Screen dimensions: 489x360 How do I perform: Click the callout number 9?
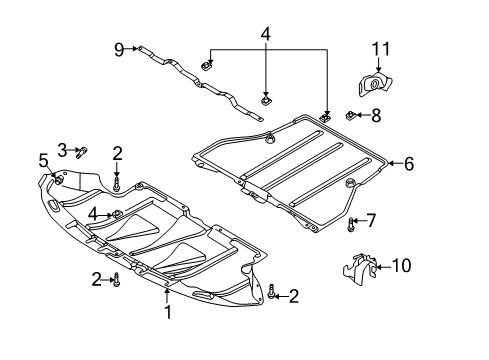pyautogui.click(x=119, y=50)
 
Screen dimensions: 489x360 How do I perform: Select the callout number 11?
pyautogui.click(x=381, y=49)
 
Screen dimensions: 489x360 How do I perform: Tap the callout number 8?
pyautogui.click(x=376, y=116)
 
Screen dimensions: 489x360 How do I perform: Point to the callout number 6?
pyautogui.click(x=409, y=164)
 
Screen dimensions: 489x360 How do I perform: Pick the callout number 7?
pyautogui.click(x=371, y=220)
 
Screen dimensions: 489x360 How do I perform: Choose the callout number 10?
pyautogui.click(x=401, y=266)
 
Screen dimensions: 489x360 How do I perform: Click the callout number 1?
pyautogui.click(x=168, y=312)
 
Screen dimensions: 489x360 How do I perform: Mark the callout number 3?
pyautogui.click(x=62, y=150)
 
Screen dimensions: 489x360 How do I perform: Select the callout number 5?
pyautogui.click(x=43, y=161)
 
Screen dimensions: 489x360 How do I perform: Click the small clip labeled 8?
pyautogui.click(x=350, y=116)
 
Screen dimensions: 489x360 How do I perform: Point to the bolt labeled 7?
pyautogui.click(x=350, y=224)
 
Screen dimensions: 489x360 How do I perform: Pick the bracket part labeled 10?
pyautogui.click(x=360, y=270)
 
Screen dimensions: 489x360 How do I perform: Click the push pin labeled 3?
pyautogui.click(x=82, y=152)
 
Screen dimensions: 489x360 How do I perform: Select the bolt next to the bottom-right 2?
pyautogui.click(x=272, y=292)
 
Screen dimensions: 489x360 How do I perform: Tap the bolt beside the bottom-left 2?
pyautogui.click(x=116, y=279)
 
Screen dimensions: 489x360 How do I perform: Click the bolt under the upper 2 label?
pyautogui.click(x=116, y=184)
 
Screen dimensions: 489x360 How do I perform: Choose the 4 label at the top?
pyautogui.click(x=265, y=34)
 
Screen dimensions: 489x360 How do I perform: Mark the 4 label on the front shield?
pyautogui.click(x=94, y=214)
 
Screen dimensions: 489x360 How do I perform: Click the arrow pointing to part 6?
pyautogui.click(x=395, y=163)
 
